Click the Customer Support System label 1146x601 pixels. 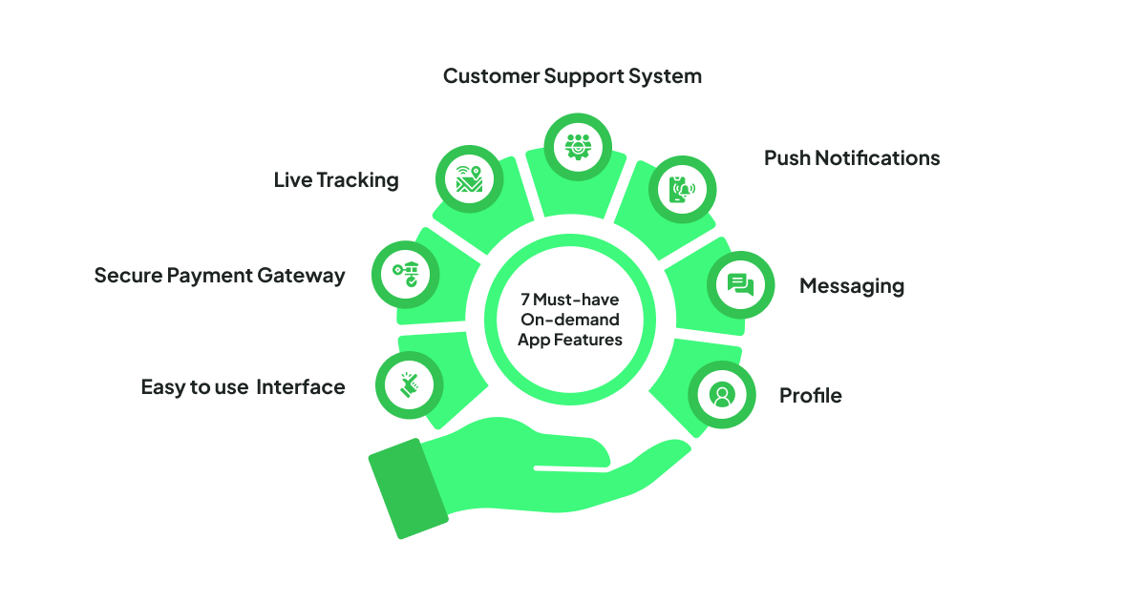point(572,76)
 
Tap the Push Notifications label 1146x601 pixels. point(852,158)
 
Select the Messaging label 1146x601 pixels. point(851,286)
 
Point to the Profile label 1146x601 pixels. point(810,396)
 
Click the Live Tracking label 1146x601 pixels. point(336,180)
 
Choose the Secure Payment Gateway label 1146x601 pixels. point(219,276)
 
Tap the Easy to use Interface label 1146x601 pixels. point(243,387)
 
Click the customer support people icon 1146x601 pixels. point(577,146)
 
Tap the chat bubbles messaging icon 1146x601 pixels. point(740,285)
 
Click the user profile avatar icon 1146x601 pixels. point(722,394)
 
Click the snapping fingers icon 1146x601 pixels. point(410,385)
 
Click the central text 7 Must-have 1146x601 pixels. point(570,300)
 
